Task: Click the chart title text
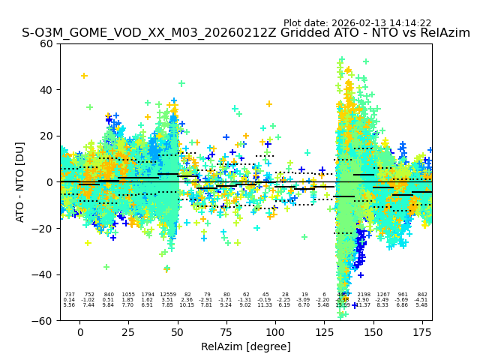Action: point(246,33)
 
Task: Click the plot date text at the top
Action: point(357,23)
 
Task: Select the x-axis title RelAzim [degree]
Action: point(246,346)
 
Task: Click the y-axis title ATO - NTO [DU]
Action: point(20,181)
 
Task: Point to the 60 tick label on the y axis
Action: point(46,43)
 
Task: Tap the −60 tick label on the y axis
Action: point(43,320)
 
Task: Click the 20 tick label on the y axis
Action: point(46,136)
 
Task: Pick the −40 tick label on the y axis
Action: point(43,274)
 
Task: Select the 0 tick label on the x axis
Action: point(79,332)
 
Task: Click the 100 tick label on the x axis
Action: point(275,332)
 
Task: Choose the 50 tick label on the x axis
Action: point(177,332)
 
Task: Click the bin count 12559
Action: point(167,295)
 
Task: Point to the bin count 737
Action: point(70,295)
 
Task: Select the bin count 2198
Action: point(364,295)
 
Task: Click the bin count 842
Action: point(422,295)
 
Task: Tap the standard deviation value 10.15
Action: point(187,305)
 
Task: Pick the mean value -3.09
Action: point(304,300)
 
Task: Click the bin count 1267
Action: point(383,295)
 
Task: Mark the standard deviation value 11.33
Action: point(265,305)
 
